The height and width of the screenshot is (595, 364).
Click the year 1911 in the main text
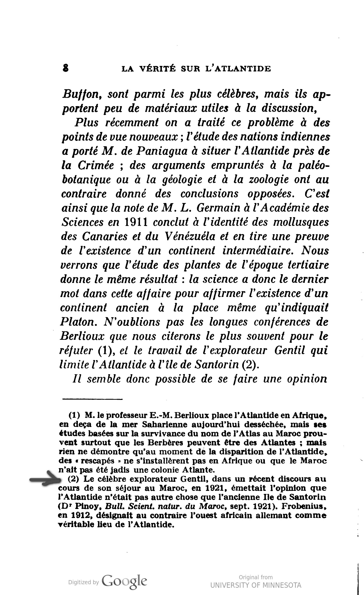(x=136, y=222)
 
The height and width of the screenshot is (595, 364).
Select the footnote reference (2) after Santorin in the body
(x=251, y=365)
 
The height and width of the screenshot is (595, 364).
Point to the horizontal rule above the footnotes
(x=92, y=399)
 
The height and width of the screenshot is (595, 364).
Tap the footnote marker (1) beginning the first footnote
(x=74, y=415)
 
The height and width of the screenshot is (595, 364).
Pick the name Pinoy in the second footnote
(x=78, y=506)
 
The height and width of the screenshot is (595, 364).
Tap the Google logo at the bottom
(x=124, y=581)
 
